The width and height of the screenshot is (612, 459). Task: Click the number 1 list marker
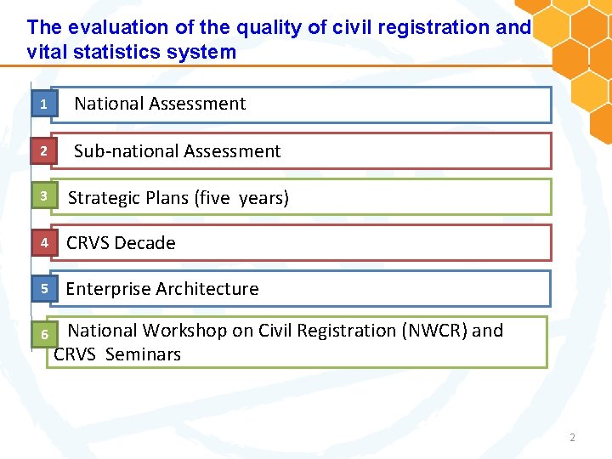[x=42, y=105]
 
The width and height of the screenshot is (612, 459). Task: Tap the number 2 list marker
[x=42, y=151]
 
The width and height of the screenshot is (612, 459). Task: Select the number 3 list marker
[x=42, y=197]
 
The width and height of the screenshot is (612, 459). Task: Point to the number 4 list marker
[x=42, y=243]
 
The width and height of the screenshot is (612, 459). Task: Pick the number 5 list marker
[x=42, y=289]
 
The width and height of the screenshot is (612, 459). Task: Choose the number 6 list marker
[x=44, y=335]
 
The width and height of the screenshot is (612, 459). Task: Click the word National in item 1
[x=108, y=104]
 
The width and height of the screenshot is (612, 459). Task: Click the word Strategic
[x=106, y=198]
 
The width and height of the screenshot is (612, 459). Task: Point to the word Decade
[x=146, y=243]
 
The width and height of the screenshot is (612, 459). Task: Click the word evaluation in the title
[x=110, y=27]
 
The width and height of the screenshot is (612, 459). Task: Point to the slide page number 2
[x=572, y=438]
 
